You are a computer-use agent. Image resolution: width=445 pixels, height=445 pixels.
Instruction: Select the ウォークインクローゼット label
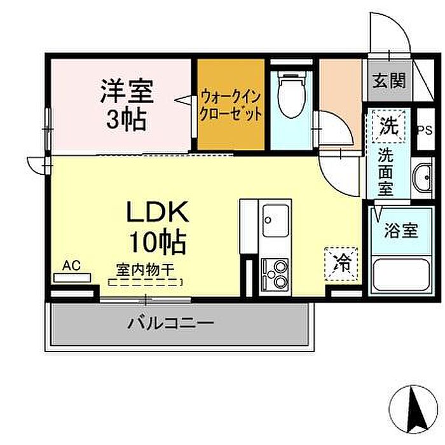tap(230, 106)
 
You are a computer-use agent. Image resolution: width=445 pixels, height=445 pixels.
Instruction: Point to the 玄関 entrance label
tap(388, 81)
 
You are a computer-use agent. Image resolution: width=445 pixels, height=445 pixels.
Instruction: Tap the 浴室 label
tap(400, 230)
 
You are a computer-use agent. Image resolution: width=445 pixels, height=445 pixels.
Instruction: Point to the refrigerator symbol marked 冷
tap(342, 262)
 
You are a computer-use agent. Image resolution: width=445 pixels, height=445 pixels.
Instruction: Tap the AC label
tap(71, 265)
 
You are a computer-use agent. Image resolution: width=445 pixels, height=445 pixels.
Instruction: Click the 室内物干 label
tap(145, 270)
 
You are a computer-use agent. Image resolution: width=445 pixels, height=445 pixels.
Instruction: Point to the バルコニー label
tap(170, 323)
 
